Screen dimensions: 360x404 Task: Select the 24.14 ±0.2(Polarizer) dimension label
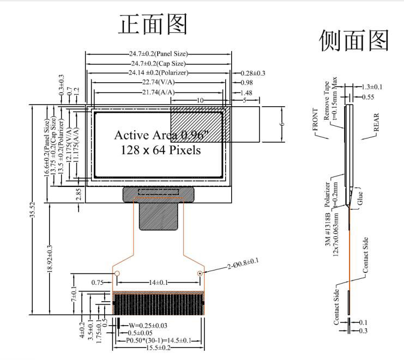[160, 73]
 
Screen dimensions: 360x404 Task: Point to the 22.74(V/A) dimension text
[160, 82]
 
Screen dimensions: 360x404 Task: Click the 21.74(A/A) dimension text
[159, 93]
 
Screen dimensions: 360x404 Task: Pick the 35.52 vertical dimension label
[33, 210]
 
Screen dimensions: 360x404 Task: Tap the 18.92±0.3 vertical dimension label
[50, 258]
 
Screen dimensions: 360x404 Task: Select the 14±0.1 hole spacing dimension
[158, 282]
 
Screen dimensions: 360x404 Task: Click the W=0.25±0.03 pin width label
[144, 326]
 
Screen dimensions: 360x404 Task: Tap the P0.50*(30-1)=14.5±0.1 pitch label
[158, 340]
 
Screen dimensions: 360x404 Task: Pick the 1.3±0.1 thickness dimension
[372, 87]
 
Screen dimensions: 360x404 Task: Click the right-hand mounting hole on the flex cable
[200, 273]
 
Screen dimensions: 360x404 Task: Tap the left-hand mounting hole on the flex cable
[116, 273]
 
